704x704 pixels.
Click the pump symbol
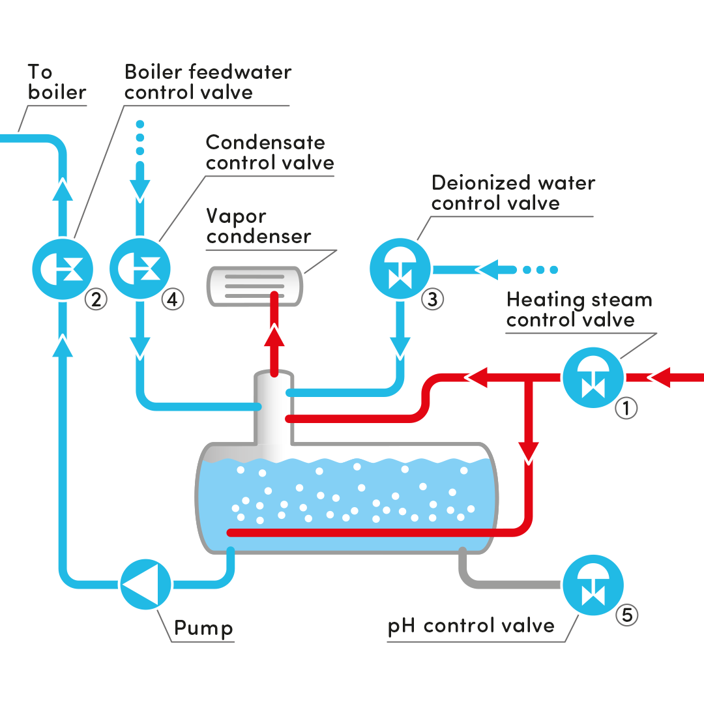pyautogui.click(x=145, y=584)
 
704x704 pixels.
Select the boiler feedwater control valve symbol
pyautogui.click(x=63, y=268)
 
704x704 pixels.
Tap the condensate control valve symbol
pyautogui.click(x=140, y=268)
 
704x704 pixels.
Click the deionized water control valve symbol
pyautogui.click(x=400, y=268)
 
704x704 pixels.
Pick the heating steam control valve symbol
pyautogui.click(x=593, y=377)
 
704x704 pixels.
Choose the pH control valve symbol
pyautogui.click(x=593, y=585)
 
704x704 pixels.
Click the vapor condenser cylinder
pyautogui.click(x=254, y=286)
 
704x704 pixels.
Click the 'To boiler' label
pyautogui.click(x=57, y=82)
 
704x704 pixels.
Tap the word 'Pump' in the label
pyautogui.click(x=203, y=628)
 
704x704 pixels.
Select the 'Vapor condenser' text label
pyautogui.click(x=258, y=226)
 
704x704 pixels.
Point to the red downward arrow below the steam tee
pyautogui.click(x=528, y=450)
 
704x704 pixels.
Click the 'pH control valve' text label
pyautogui.click(x=471, y=626)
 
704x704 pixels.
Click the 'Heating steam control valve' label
pyautogui.click(x=579, y=310)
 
